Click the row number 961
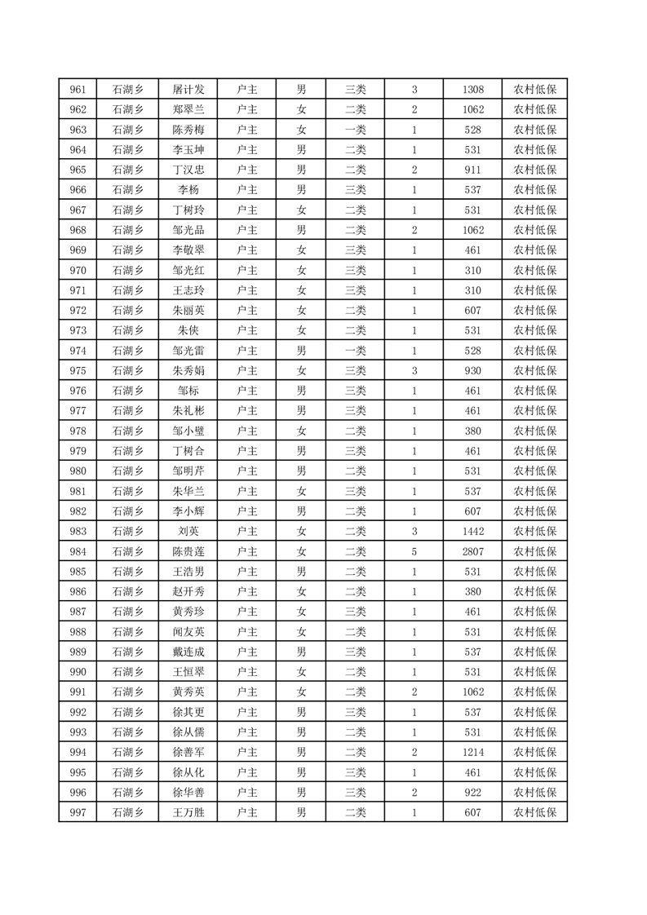tap(78, 90)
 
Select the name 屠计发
tap(188, 90)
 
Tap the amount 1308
tap(472, 90)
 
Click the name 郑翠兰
tap(188, 109)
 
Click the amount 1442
tap(472, 532)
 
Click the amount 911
tap(472, 170)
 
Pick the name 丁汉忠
tap(188, 170)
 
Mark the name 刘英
tap(188, 532)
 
